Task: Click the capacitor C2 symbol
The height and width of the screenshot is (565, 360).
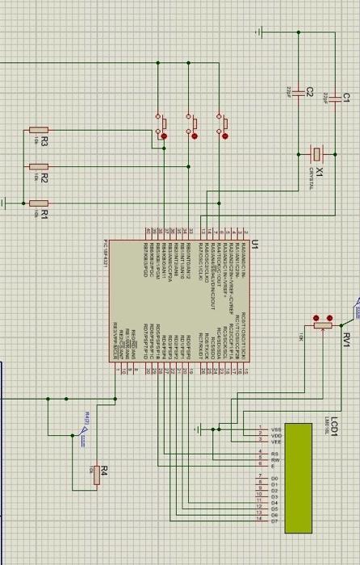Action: pyautogui.click(x=298, y=90)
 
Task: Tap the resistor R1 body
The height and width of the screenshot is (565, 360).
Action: pyautogui.click(x=38, y=203)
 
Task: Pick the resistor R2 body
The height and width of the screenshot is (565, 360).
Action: pyautogui.click(x=38, y=167)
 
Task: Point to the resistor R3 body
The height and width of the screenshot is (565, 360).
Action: pyautogui.click(x=38, y=130)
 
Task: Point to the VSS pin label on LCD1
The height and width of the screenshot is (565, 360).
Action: pyautogui.click(x=276, y=429)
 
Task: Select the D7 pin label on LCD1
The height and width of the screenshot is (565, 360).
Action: pyautogui.click(x=275, y=521)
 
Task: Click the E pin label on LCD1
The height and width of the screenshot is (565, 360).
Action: pyautogui.click(x=274, y=466)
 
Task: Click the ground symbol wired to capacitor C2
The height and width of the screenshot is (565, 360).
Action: pyautogui.click(x=261, y=32)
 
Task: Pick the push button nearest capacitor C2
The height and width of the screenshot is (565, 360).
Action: pyautogui.click(x=220, y=125)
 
